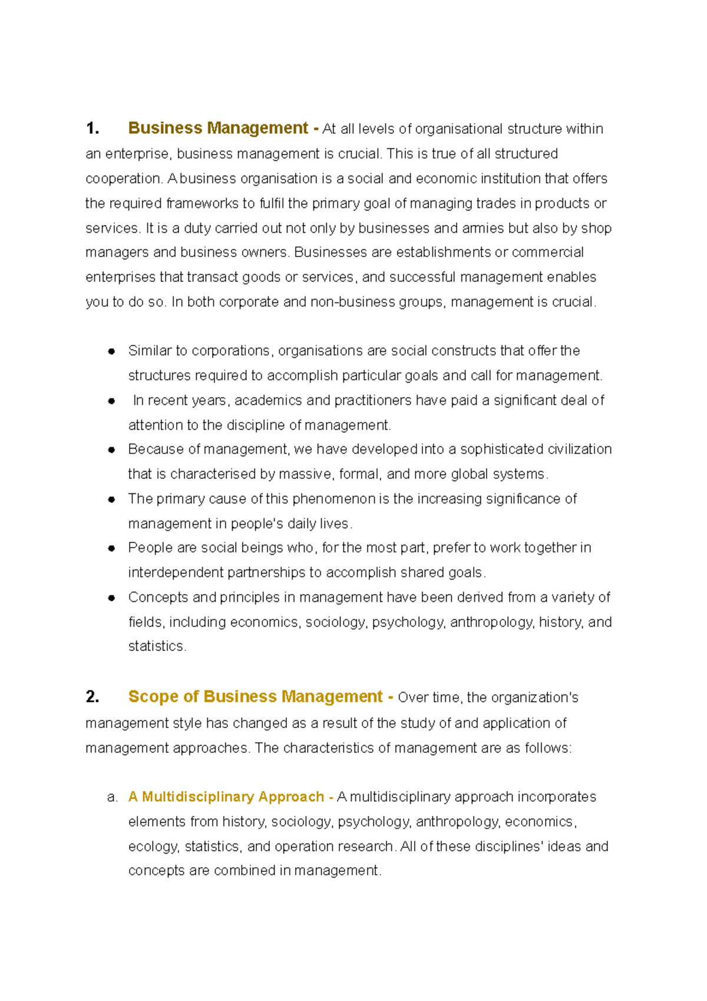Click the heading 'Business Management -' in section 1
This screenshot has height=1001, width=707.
(x=223, y=129)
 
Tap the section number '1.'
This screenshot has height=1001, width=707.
(x=92, y=129)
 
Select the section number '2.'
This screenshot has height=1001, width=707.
(x=92, y=697)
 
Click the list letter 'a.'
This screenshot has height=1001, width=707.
(x=113, y=798)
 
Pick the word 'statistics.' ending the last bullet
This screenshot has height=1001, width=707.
(x=157, y=646)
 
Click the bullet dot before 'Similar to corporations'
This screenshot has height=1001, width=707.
(x=111, y=351)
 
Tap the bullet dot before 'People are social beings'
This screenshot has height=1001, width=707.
(x=111, y=548)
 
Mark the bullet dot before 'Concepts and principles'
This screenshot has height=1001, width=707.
(x=111, y=598)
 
